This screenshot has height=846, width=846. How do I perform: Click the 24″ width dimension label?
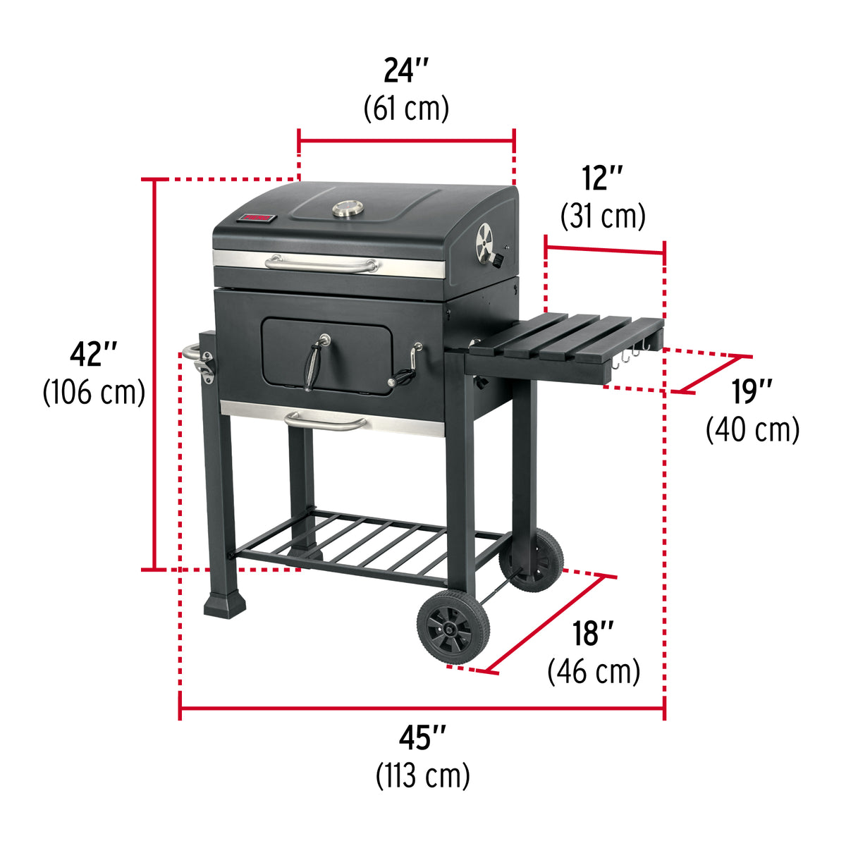pos(406,71)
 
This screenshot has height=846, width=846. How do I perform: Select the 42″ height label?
pos(93,353)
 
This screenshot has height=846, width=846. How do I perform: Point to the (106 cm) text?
pos(94,391)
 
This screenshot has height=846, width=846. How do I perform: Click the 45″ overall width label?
pos(422,737)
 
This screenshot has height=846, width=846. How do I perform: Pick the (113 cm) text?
pos(422,775)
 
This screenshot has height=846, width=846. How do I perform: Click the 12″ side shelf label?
pos(603,178)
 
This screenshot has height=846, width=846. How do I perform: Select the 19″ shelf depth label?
pos(752,392)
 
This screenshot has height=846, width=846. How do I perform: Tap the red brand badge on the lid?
pos(256,219)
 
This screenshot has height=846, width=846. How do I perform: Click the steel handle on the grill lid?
pos(322,264)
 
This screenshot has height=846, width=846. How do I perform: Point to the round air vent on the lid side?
pos(484,240)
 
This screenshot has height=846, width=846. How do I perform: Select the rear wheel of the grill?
pos(533,560)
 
